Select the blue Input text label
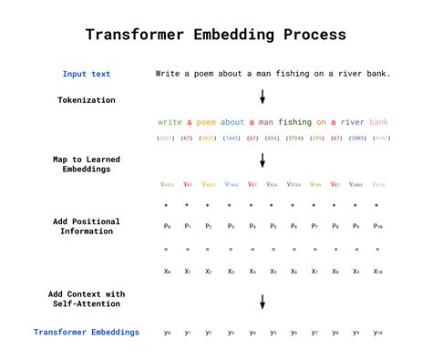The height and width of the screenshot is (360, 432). [87, 74]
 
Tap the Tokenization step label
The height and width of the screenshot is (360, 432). [87, 99]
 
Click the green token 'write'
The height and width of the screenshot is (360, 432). [170, 121]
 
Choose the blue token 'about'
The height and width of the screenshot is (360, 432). [231, 121]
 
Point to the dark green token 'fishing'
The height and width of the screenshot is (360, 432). [294, 121]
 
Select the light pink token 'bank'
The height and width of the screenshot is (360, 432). [379, 121]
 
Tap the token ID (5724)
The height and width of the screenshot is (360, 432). [293, 138]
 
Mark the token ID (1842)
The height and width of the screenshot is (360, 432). [231, 138]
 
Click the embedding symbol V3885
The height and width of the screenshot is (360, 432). [355, 184]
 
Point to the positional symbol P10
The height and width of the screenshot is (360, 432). [378, 225]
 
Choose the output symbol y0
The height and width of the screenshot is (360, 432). [166, 333]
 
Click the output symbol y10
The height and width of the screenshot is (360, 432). [378, 333]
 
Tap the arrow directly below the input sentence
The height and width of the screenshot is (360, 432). [262, 97]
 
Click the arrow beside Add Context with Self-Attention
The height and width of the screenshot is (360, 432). [262, 302]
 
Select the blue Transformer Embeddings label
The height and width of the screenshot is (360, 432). [87, 333]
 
